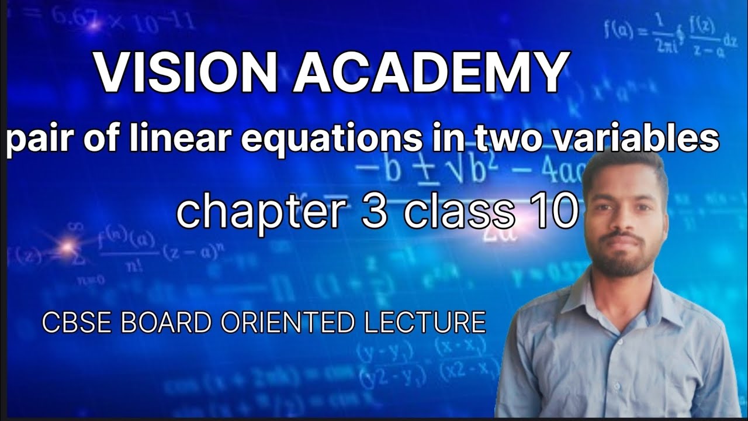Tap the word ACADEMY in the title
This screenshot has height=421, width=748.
pyautogui.click(x=430, y=73)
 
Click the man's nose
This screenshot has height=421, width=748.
pyautogui.click(x=622, y=219)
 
